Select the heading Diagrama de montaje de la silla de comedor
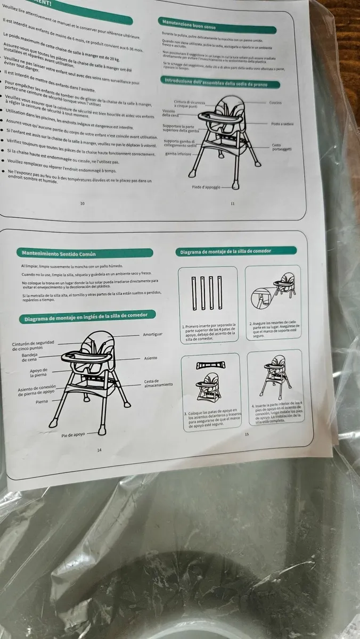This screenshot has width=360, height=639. point(226,251)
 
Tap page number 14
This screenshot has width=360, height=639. point(99,450)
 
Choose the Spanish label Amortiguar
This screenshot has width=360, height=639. point(152,334)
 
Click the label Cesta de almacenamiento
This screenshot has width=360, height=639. point(158,383)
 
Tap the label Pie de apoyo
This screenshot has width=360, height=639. point(73,435)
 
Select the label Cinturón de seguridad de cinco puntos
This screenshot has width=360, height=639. point(32,346)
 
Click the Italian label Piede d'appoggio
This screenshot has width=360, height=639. point(206,187)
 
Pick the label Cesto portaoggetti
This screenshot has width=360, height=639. point(281,147)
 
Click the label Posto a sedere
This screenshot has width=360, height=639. point(282,124)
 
